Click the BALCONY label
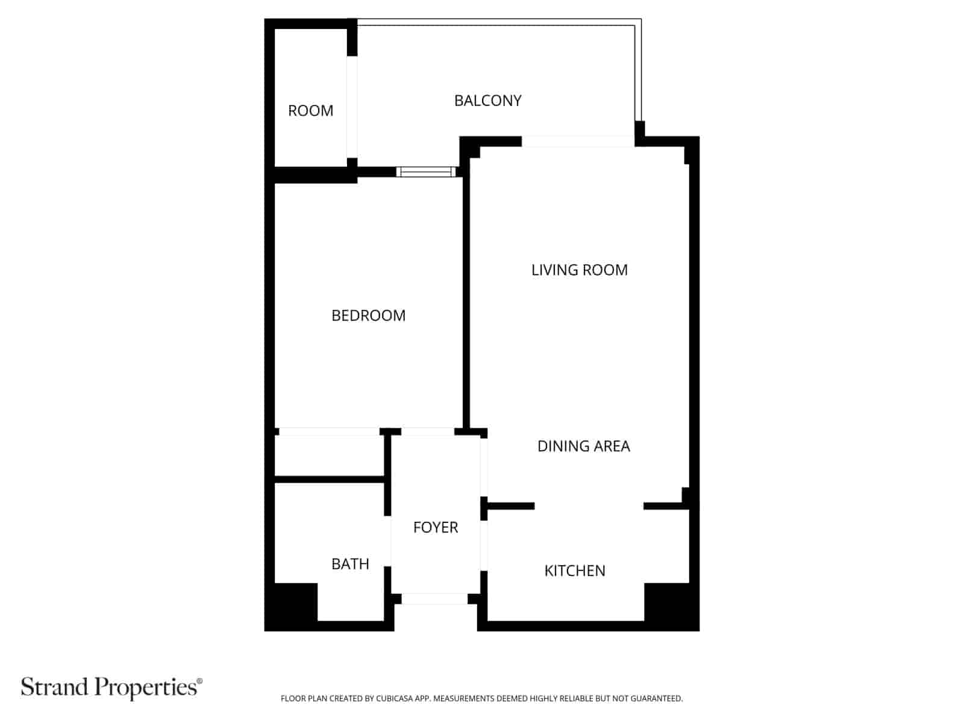pos(487,101)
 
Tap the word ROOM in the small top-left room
pos(310,111)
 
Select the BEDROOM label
pos(368,316)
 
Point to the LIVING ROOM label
pos(579,270)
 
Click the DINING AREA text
pos(584,446)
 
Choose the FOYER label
pos(435,527)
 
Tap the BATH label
pos(350,564)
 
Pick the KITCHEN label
pos(574,571)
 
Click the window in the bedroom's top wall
pos(426,172)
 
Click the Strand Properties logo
pos(111,687)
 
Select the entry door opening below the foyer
pos(434,599)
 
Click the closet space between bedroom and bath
pos(330,455)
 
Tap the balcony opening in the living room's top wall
pos(578,142)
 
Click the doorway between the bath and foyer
pos(388,541)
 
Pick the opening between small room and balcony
pos(352,107)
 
